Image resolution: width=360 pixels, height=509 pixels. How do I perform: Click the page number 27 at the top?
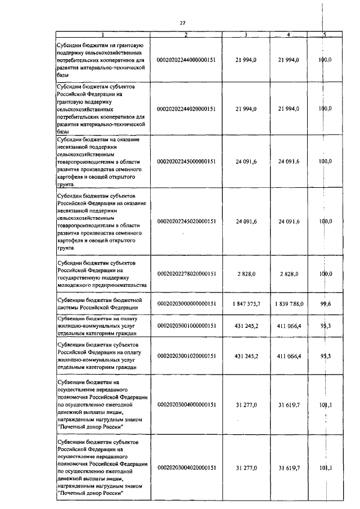(x=182, y=22)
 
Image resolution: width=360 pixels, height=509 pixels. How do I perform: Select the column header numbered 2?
(x=186, y=35)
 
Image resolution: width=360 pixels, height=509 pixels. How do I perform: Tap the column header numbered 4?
(x=289, y=35)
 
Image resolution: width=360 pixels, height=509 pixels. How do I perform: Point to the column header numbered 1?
(x=102, y=35)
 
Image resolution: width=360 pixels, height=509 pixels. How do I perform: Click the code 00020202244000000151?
(x=186, y=59)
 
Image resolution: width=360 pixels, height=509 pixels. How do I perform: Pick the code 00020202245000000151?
(x=186, y=161)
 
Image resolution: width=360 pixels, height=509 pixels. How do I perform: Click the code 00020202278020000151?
(x=186, y=273)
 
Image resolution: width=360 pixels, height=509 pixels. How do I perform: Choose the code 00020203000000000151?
(x=186, y=304)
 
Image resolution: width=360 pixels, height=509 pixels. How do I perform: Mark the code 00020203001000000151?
(x=186, y=326)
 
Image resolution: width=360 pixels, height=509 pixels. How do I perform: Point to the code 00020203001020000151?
(x=186, y=356)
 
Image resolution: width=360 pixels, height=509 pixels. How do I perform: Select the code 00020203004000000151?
(x=186, y=404)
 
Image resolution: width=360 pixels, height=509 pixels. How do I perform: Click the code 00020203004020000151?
(x=186, y=468)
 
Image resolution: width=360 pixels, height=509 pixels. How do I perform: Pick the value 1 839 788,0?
(x=288, y=304)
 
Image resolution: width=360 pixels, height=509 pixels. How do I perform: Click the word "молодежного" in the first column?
(x=75, y=285)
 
